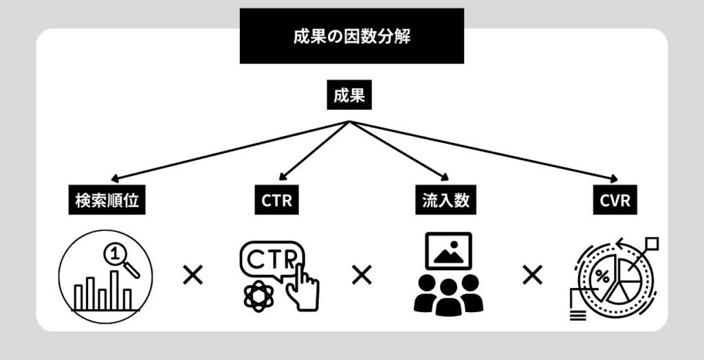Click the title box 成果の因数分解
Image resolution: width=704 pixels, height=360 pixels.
pos(351,36)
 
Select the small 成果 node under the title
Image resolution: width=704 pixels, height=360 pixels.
pos(349,96)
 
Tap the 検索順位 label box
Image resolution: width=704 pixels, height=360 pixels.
pos(107,201)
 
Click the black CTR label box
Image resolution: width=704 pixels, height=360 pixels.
pos(276,201)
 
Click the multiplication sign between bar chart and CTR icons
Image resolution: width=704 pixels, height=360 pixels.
pos(193,276)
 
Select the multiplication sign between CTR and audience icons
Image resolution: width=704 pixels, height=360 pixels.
pos(362,276)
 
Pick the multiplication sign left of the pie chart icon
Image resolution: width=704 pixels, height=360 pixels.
pos(531,276)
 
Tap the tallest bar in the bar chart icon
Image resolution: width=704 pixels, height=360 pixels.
pos(114,289)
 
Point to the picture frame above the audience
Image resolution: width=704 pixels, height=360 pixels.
pos(448,251)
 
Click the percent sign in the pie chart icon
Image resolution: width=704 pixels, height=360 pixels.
pos(602,277)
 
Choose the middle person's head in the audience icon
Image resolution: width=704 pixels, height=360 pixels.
pos(448,286)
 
